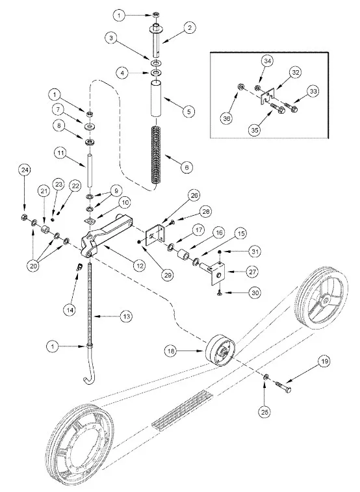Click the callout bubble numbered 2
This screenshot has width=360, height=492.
pyautogui.click(x=189, y=28)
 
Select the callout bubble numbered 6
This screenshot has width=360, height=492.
pyautogui.click(x=187, y=167)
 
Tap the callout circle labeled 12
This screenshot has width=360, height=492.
pyautogui.click(x=139, y=265)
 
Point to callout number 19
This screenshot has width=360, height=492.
pyautogui.click(x=324, y=361)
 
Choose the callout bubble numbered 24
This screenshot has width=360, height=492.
pyautogui.click(x=25, y=170)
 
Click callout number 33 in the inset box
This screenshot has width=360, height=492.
pyautogui.click(x=313, y=91)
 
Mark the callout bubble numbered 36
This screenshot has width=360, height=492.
pyautogui.click(x=227, y=118)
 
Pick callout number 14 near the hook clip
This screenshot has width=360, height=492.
pyautogui.click(x=70, y=310)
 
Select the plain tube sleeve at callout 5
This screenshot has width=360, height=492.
pyautogui.click(x=156, y=99)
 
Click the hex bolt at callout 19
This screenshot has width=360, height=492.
pyautogui.click(x=283, y=387)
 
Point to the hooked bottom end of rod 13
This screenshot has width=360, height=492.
pyautogui.click(x=88, y=376)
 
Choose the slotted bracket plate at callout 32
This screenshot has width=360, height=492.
pyautogui.click(x=267, y=95)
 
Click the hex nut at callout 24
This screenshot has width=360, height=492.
pyautogui.click(x=24, y=216)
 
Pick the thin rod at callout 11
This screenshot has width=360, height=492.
pyautogui.click(x=90, y=171)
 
